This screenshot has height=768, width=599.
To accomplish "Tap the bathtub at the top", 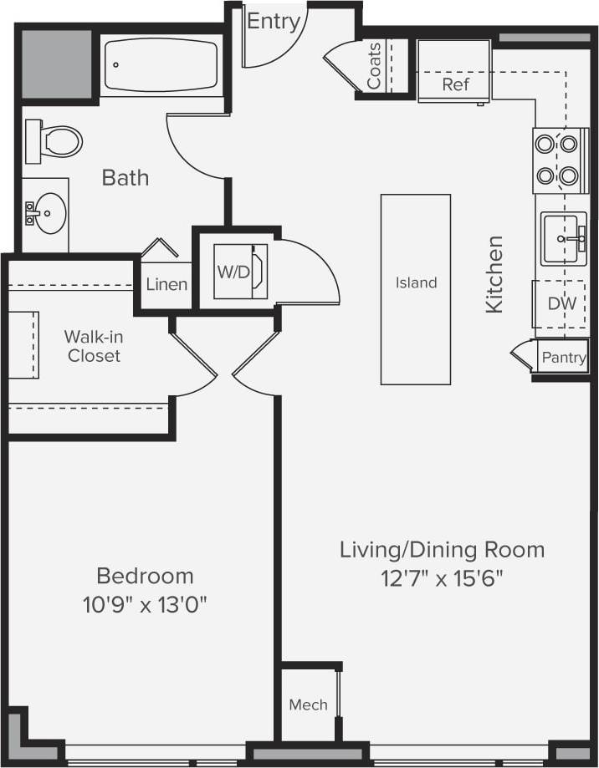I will pyautogui.click(x=161, y=66).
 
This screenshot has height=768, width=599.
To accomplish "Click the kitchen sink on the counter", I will pyautogui.click(x=563, y=239).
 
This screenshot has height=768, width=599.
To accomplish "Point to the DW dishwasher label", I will pyautogui.click(x=562, y=303).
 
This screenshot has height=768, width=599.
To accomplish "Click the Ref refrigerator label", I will pyautogui.click(x=456, y=84).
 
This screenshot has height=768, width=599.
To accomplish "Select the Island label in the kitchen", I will pyautogui.click(x=416, y=282).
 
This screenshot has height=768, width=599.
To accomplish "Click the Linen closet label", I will pyautogui.click(x=166, y=284).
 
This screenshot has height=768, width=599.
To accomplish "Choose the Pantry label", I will pyautogui.click(x=564, y=358).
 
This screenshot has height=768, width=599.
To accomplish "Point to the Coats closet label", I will pyautogui.click(x=375, y=66).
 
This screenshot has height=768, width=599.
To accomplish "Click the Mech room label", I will pyautogui.click(x=308, y=704).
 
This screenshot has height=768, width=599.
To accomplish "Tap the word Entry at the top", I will pyautogui.click(x=273, y=22).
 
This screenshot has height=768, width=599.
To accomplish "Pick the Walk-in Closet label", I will pyautogui.click(x=92, y=346).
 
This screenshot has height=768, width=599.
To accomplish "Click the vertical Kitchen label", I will pyautogui.click(x=494, y=274).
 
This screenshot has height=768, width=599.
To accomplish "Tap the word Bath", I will pyautogui.click(x=125, y=177).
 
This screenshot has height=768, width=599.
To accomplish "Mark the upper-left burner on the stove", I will pyautogui.click(x=545, y=144).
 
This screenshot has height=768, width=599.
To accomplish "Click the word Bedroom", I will pyautogui.click(x=145, y=576).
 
